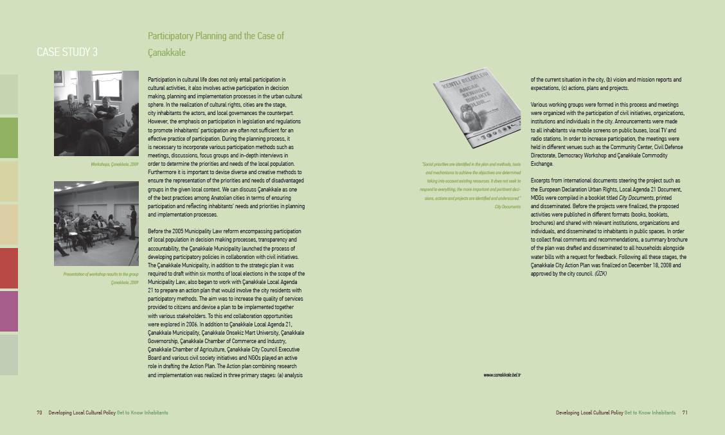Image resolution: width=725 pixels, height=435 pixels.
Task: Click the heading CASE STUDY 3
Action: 67,53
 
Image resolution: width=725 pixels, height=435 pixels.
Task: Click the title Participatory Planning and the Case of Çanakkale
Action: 215,44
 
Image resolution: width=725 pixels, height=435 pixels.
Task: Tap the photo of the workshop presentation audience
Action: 96,224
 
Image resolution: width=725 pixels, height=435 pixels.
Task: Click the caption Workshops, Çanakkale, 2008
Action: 115,165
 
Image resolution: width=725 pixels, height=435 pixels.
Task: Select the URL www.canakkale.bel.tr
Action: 501,374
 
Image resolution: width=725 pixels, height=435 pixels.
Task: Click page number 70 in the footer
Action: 39,413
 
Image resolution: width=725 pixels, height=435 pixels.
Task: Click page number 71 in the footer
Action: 685,413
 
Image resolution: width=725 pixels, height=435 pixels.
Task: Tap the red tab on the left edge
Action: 9,268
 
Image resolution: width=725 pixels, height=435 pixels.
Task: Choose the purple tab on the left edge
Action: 9,311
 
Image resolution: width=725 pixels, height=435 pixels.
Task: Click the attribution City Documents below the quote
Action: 507,207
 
